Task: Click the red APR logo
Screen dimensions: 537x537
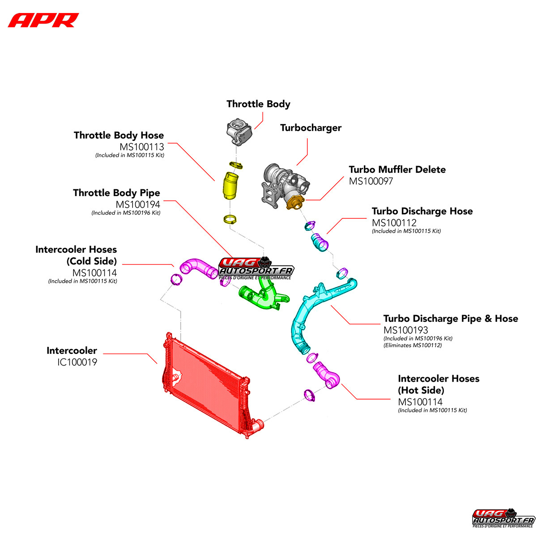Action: (43, 20)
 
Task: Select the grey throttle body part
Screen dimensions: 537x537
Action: (239, 132)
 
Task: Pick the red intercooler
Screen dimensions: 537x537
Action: (206, 385)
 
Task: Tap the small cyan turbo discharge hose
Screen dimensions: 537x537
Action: (320, 243)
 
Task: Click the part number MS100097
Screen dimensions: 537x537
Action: (371, 181)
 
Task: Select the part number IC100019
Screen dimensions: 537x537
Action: (77, 362)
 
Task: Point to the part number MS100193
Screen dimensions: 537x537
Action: (405, 330)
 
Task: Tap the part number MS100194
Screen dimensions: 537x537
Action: (138, 205)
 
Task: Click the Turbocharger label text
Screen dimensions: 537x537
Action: (311, 128)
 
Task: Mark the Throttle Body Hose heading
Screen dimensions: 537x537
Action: (119, 136)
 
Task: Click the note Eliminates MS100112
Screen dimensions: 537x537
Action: (413, 345)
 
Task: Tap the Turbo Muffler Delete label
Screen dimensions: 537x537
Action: (397, 170)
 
